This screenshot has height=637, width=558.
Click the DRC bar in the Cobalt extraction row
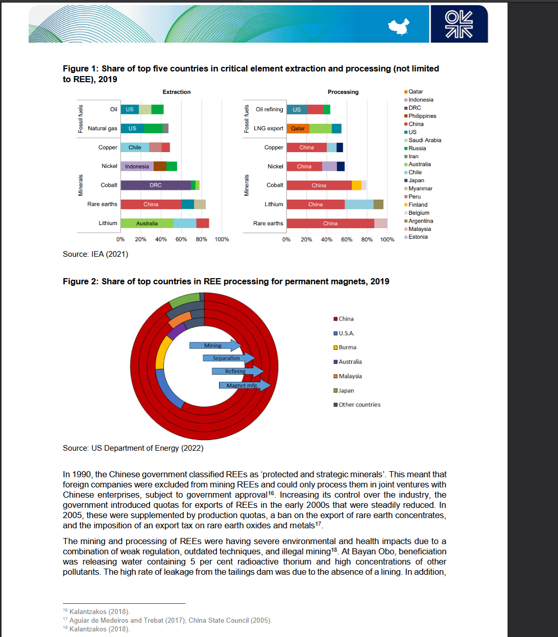(x=156, y=185)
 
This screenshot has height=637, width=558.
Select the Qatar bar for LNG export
(x=298, y=129)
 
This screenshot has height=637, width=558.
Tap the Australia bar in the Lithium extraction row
(x=147, y=224)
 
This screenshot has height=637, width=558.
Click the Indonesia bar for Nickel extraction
(x=137, y=166)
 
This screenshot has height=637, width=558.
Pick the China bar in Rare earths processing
(x=330, y=224)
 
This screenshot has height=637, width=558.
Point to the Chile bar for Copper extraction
(x=135, y=148)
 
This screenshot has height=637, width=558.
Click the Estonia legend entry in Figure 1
(x=418, y=237)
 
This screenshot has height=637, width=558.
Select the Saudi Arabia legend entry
(x=424, y=140)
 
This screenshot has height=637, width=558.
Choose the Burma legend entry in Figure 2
(x=347, y=348)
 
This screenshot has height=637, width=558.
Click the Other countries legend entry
(x=359, y=405)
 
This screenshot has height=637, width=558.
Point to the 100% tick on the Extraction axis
(x=222, y=239)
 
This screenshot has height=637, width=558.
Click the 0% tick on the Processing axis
(x=286, y=239)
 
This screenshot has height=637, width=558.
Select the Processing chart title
(x=343, y=92)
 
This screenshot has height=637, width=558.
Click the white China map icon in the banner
(x=399, y=26)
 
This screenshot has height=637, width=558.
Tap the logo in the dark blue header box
(x=458, y=24)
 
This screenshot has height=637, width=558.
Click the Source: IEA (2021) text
(x=95, y=254)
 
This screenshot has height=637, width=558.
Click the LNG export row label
(x=268, y=129)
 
